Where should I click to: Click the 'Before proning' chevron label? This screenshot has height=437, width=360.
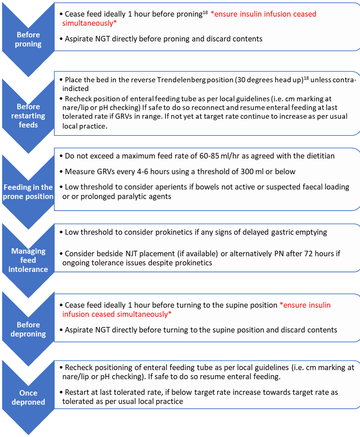28,39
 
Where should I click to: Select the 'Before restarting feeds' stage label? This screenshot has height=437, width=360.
28,116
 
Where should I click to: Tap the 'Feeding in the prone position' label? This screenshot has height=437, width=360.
28,192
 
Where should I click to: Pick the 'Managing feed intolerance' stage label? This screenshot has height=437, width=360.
28,260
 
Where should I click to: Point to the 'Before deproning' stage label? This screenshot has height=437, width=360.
28,329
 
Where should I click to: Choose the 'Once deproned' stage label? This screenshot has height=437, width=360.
28,397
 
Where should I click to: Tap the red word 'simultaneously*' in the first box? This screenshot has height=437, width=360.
89,23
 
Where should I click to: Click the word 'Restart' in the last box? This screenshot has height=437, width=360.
78,392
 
